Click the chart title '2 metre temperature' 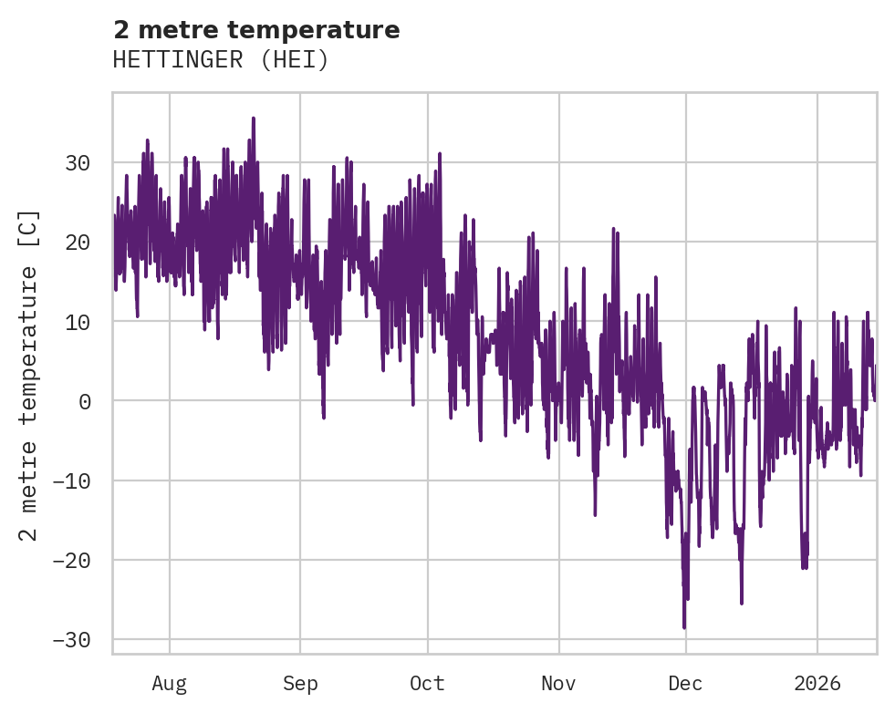click(256, 30)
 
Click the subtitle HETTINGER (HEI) click(220, 60)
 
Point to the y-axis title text click(29, 376)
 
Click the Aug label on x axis click(169, 683)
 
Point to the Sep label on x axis click(299, 683)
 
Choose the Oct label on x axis click(427, 683)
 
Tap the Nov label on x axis click(558, 683)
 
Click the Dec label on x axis click(685, 683)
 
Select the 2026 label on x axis click(817, 683)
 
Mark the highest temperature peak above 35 click(253, 119)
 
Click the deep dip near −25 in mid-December click(742, 602)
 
